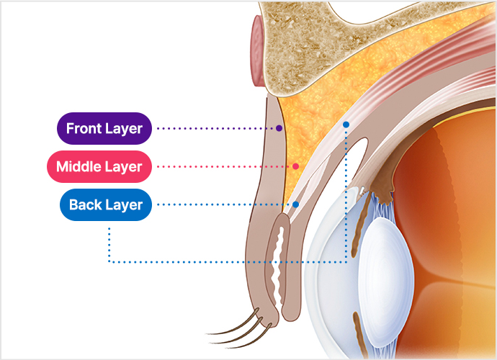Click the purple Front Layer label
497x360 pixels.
pos(104,129)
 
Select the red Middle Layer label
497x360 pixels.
pos(99,167)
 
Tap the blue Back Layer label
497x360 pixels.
pos(106,205)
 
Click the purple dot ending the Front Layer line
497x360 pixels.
pos(279,128)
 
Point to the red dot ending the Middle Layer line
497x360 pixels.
pos(295,166)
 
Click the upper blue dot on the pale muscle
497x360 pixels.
pos(346,125)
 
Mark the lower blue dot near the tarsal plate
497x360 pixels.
pos(295,204)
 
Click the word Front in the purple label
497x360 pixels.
pos(83,129)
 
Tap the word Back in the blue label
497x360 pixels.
pos(86,205)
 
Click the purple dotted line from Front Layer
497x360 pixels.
pos(216,129)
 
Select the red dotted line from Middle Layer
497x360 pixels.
pos(223,167)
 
